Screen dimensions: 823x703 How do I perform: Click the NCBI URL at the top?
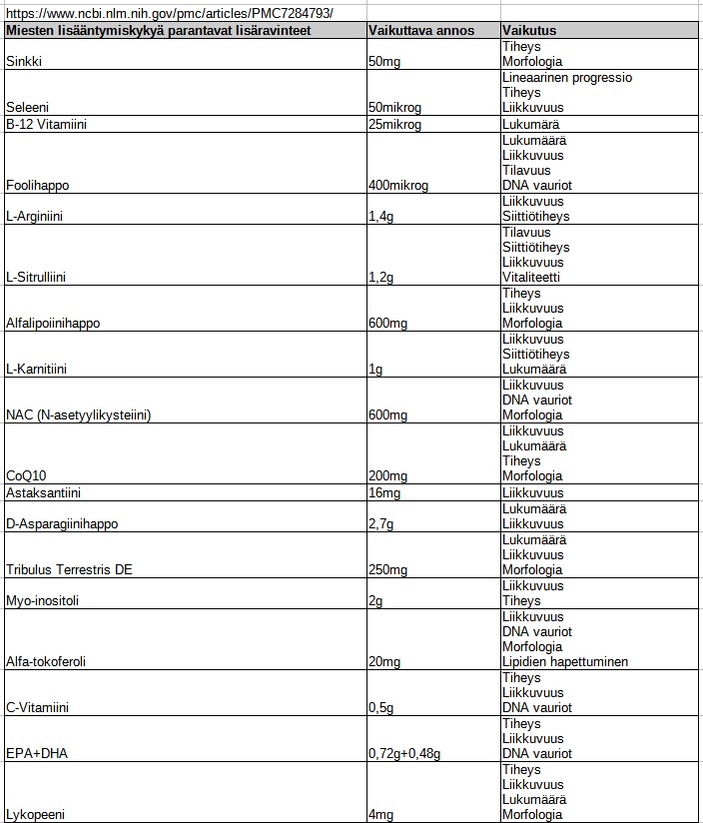click(x=169, y=13)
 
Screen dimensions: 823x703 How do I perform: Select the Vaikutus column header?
click(x=529, y=30)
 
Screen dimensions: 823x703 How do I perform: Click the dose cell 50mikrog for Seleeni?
click(x=396, y=108)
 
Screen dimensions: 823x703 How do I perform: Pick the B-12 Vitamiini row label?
click(x=46, y=125)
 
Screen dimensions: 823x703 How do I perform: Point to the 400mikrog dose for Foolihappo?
click(x=398, y=186)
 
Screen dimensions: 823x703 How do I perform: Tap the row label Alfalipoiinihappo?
click(x=53, y=324)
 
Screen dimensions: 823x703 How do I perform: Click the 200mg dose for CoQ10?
click(x=384, y=476)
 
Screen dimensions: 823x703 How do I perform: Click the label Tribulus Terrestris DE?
click(x=69, y=570)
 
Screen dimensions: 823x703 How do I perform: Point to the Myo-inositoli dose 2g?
click(x=375, y=601)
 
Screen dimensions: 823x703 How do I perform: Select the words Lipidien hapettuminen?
click(x=565, y=662)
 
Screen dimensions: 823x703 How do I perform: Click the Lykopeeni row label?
click(x=36, y=815)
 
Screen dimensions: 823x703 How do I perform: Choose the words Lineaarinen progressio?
click(x=567, y=77)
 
